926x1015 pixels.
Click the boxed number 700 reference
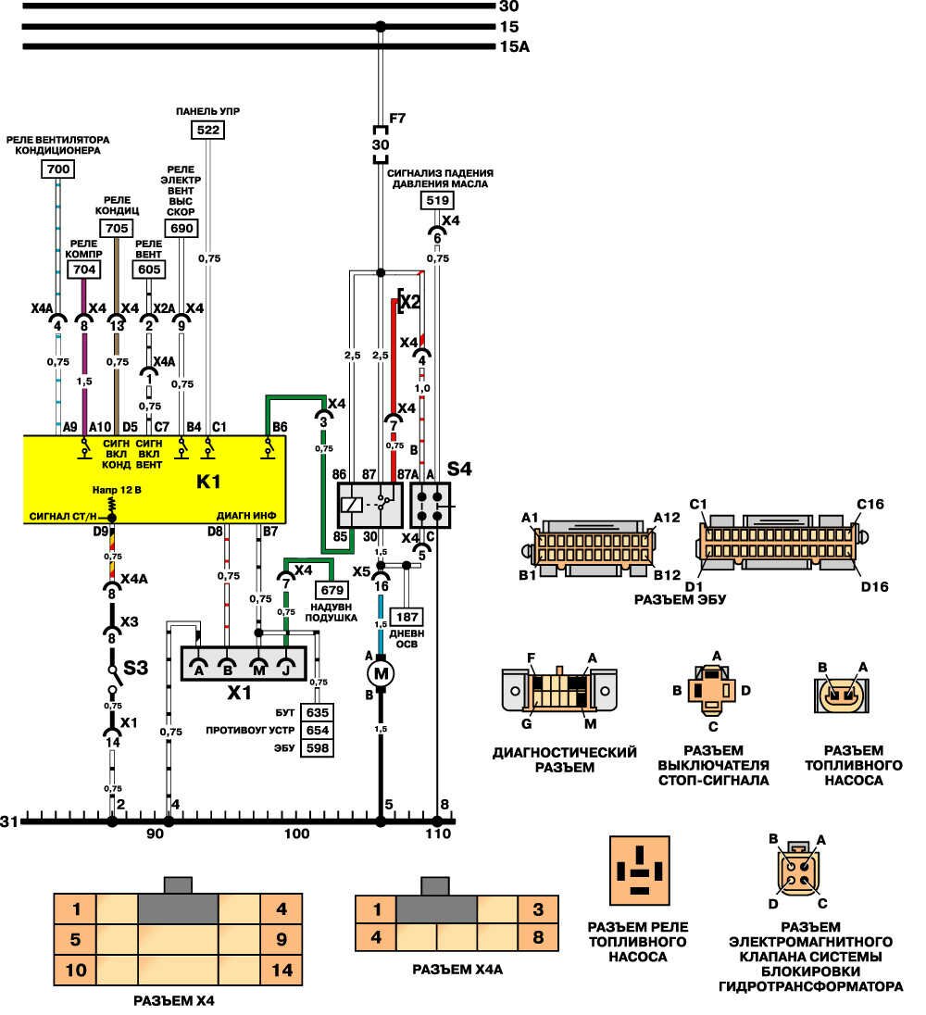pos(57,169)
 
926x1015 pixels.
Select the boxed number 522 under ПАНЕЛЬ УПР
pos(208,131)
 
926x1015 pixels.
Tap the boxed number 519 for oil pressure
pos(436,200)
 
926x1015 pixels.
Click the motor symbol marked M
pos(381,670)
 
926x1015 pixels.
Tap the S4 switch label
pos(460,469)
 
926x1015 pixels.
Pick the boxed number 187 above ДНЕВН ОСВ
pos(407,617)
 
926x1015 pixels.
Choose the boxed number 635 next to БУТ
pos(318,713)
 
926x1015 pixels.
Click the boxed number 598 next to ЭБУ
pos(318,748)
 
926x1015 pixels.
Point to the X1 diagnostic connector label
pos(240,691)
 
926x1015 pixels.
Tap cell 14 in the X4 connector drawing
pos(282,971)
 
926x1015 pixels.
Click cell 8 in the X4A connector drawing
pos(537,936)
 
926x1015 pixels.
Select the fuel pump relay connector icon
pos(640,870)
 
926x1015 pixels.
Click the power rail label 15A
pos(513,47)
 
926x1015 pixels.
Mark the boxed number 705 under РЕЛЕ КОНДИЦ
pos(116,229)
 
